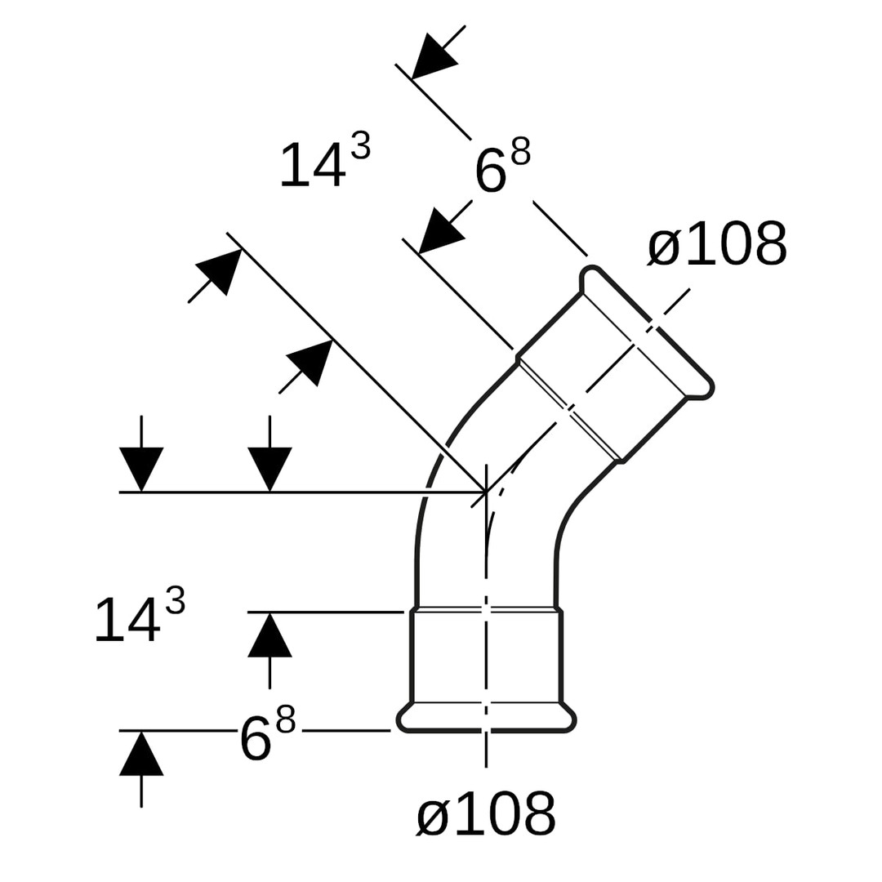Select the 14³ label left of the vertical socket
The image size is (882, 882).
(x=140, y=618)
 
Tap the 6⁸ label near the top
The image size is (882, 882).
(x=501, y=167)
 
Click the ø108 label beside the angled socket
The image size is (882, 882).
(x=717, y=244)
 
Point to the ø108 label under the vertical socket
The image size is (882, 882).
(x=486, y=814)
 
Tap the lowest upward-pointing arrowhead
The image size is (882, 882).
(x=141, y=755)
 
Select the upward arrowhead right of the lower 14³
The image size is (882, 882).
(x=269, y=636)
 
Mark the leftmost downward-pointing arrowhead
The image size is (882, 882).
(x=141, y=467)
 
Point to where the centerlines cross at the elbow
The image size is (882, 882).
(x=486, y=492)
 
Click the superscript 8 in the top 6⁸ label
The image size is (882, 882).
(x=521, y=151)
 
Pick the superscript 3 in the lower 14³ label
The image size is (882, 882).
(x=175, y=601)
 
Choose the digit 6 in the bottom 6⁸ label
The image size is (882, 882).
(x=256, y=739)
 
